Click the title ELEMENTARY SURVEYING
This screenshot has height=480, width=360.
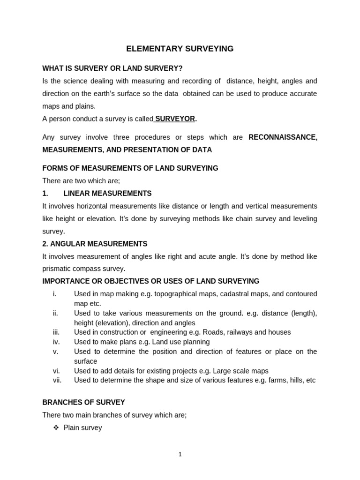tap(180, 49)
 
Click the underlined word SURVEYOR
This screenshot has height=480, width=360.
tap(175, 119)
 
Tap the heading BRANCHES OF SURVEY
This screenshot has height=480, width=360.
tap(83, 402)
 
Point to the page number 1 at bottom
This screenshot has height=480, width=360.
tap(180, 454)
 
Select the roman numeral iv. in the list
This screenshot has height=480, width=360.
tap(56, 342)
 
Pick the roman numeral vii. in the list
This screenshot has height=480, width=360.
tap(57, 380)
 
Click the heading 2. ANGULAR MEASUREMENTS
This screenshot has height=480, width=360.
tap(95, 244)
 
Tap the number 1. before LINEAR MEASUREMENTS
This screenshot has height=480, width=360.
tap(45, 193)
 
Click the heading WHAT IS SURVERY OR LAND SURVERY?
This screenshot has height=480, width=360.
tap(112, 68)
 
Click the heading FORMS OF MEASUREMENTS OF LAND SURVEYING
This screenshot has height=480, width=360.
tap(130, 168)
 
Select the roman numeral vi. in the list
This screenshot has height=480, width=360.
tap(56, 370)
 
